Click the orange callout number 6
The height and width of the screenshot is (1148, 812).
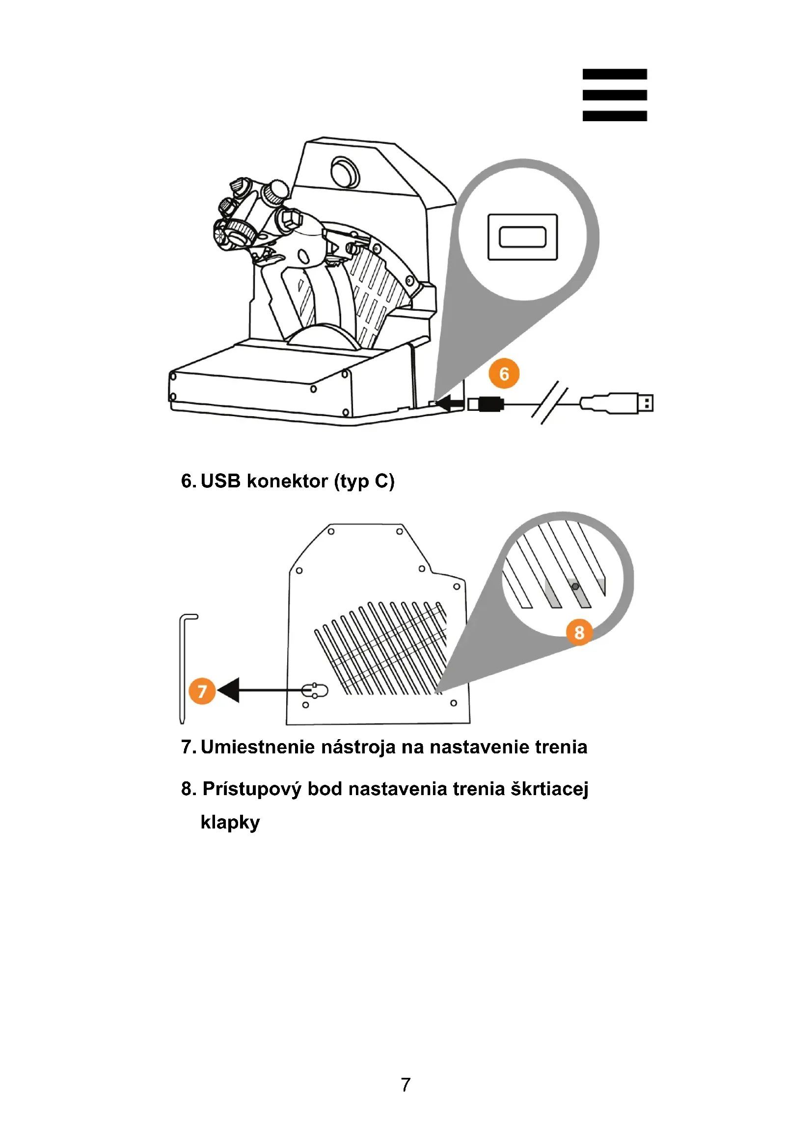point(504,374)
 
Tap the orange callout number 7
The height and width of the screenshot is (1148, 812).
point(202,691)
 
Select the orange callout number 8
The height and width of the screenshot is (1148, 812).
point(579,632)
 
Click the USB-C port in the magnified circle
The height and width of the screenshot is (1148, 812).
point(522,237)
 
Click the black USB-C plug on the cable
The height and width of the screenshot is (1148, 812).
point(489,403)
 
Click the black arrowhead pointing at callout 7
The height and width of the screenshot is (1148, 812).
point(229,691)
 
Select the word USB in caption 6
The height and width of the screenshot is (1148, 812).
point(220,481)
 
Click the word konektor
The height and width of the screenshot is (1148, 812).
point(288,481)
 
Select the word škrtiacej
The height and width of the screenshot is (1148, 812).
point(549,789)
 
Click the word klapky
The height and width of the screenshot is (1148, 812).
point(230,823)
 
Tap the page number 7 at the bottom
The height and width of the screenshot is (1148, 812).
point(406,1085)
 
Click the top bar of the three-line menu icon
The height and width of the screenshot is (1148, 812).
point(615,74)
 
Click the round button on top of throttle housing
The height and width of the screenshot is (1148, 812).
point(345,171)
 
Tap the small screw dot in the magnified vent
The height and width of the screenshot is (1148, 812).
point(575,587)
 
